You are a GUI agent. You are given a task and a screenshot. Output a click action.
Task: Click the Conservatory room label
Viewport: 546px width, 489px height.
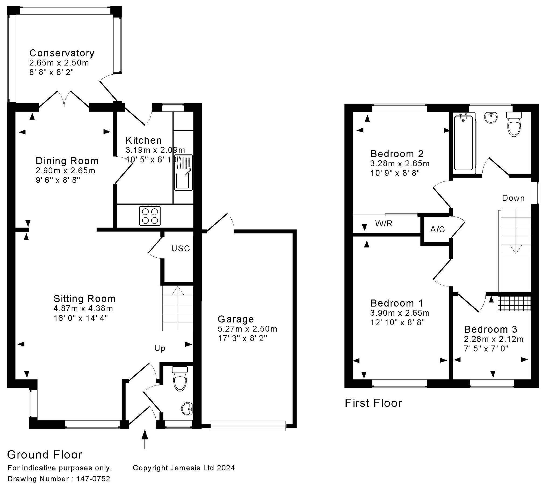(x=62, y=53)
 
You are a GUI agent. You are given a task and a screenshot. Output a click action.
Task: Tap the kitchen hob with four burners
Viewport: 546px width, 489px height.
(x=150, y=216)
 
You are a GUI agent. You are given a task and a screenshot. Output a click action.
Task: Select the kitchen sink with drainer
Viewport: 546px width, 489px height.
(x=184, y=173)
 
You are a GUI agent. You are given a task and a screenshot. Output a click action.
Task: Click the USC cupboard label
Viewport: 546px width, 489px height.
(x=181, y=248)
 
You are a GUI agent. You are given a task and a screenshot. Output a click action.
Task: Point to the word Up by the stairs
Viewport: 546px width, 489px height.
(x=160, y=348)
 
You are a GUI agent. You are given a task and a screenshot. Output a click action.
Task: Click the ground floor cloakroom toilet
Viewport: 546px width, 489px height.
(x=180, y=378)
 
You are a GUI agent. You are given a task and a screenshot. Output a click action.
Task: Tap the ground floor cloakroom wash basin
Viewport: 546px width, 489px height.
(x=187, y=409)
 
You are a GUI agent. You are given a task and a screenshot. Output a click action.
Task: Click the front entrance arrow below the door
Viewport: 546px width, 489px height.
(x=145, y=439)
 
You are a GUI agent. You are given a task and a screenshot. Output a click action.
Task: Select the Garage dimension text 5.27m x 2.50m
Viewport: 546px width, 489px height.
(x=247, y=329)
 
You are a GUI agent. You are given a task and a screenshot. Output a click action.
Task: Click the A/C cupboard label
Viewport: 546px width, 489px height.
(x=437, y=229)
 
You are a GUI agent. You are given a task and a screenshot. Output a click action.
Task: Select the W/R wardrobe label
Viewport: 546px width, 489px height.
(x=384, y=223)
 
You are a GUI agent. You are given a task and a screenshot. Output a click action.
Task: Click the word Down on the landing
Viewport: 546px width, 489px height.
(x=513, y=198)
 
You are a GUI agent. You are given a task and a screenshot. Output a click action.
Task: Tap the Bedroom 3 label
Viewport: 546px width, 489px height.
(x=490, y=329)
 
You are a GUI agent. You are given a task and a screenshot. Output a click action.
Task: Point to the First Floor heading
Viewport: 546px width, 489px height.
(x=373, y=403)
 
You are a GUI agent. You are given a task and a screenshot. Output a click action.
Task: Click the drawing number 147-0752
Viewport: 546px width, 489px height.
(x=93, y=479)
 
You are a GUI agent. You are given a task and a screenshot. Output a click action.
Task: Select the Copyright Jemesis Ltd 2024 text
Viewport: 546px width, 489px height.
(x=184, y=468)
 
